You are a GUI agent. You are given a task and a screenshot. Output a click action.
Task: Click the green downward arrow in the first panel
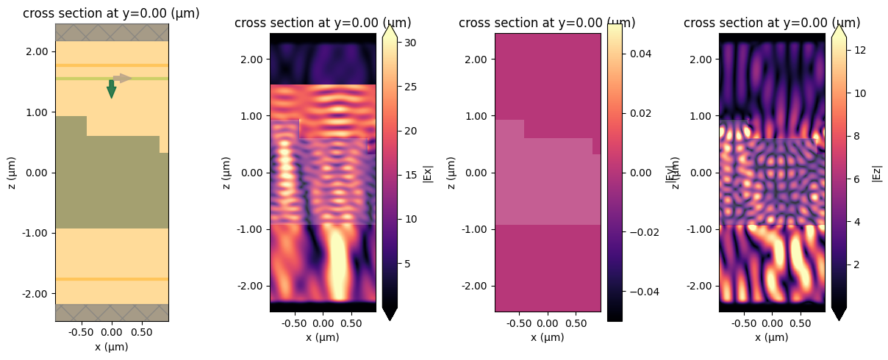point(111,89)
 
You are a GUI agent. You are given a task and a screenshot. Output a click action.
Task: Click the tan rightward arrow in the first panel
point(123,78)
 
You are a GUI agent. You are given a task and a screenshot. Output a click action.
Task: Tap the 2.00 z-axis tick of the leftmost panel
point(37,51)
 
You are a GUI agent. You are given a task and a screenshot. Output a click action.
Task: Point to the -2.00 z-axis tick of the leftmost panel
point(36,293)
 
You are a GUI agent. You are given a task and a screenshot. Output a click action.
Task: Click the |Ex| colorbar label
point(427,173)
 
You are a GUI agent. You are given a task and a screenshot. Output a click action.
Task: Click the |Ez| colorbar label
point(876,173)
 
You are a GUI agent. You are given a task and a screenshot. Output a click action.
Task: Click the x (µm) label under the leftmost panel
point(111,346)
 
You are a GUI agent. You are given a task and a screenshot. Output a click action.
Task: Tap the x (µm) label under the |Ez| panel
point(772,337)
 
